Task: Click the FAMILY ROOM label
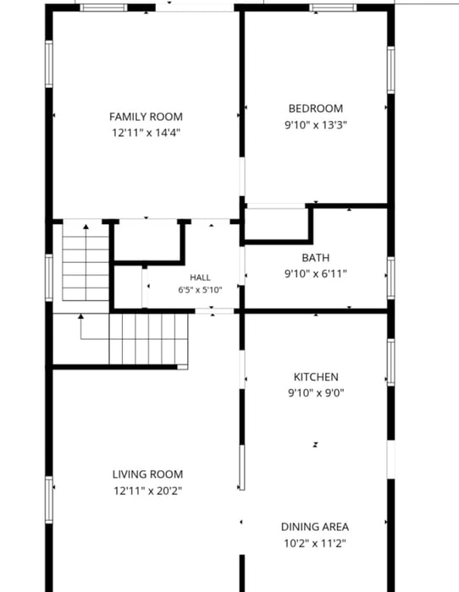(x=146, y=117)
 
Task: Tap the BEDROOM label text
(x=316, y=109)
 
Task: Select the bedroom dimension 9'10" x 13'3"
(x=316, y=124)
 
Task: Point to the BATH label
(x=316, y=258)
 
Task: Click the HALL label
(x=200, y=278)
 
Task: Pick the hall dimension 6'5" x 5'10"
(x=200, y=290)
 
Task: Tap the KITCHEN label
(x=316, y=377)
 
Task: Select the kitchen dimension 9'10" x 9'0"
(x=316, y=393)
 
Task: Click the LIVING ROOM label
(x=148, y=474)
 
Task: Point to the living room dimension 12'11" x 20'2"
(x=148, y=491)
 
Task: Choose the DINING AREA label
(x=315, y=527)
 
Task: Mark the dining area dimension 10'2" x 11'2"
(x=315, y=543)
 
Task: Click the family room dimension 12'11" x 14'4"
(x=146, y=133)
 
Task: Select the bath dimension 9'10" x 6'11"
(x=316, y=274)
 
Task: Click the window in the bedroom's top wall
(x=333, y=8)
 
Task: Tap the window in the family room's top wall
(x=103, y=8)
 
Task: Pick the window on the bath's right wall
(x=391, y=278)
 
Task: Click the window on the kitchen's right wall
(x=391, y=363)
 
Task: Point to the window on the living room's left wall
(x=49, y=500)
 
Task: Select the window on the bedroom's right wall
(x=391, y=70)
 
